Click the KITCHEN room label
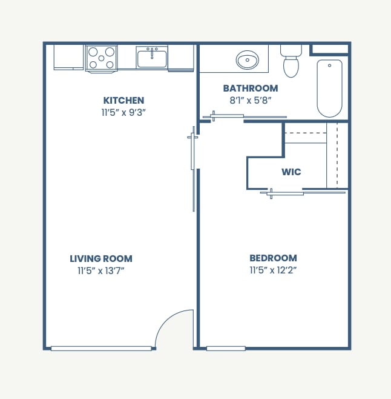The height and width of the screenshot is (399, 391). pyautogui.click(x=123, y=101)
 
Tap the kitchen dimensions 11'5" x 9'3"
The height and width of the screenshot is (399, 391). pyautogui.click(x=123, y=112)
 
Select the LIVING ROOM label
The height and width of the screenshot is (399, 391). pyautogui.click(x=101, y=259)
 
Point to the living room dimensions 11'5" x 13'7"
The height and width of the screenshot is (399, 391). pyautogui.click(x=101, y=271)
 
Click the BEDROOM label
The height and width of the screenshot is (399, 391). pyautogui.click(x=274, y=258)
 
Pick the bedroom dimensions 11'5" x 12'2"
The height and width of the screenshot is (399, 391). pyautogui.click(x=274, y=270)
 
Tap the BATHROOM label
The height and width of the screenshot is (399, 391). pyautogui.click(x=250, y=89)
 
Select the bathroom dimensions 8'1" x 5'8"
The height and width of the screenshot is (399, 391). pyautogui.click(x=250, y=100)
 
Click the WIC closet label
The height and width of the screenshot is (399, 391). pyautogui.click(x=291, y=172)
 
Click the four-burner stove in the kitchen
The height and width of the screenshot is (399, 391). pyautogui.click(x=101, y=58)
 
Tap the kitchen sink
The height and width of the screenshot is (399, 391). pyautogui.click(x=152, y=58)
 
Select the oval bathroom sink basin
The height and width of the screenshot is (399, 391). pyautogui.click(x=248, y=61)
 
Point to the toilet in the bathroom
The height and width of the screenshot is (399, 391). pyautogui.click(x=291, y=62)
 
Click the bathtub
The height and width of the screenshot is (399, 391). pyautogui.click(x=329, y=88)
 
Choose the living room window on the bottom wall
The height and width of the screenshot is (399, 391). pyautogui.click(x=101, y=348)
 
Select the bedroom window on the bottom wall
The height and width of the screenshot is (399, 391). pyautogui.click(x=226, y=348)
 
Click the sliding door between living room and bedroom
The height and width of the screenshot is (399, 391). pyautogui.click(x=192, y=170)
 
